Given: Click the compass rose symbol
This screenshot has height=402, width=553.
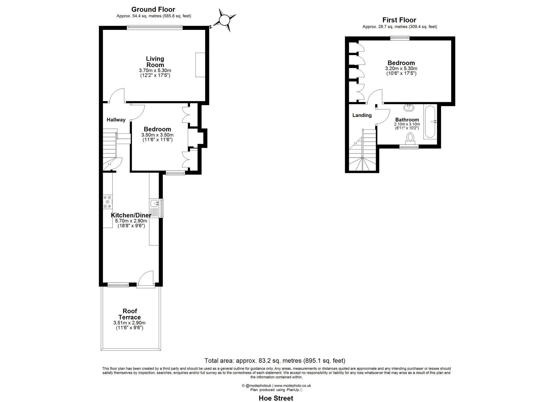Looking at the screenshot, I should pos(224,20).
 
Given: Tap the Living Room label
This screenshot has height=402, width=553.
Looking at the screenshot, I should pos(155,62).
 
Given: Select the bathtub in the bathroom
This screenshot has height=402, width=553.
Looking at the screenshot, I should pos(430,122).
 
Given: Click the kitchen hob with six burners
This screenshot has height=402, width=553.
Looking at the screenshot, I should pos(108,202).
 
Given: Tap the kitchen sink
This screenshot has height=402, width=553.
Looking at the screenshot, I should pos(154,204).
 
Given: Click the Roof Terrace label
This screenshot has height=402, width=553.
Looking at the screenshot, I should pos(129,314).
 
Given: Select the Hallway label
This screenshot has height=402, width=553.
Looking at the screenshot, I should pos(116,120).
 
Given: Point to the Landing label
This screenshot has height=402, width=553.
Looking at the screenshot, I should pos(362,115).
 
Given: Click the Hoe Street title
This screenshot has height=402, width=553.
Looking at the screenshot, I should pos(276,398).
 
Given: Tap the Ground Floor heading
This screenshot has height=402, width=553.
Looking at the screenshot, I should pos(153,9).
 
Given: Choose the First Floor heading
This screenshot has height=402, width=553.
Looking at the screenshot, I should pos(399,20).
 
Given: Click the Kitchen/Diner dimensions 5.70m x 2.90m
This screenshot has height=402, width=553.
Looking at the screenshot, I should pos(131,221).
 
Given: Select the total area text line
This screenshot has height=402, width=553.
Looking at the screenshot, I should pos(275,361).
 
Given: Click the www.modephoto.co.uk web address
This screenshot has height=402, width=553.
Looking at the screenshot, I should pos(293,386).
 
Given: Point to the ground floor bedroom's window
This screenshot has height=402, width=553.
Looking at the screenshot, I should pos(176,173).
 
